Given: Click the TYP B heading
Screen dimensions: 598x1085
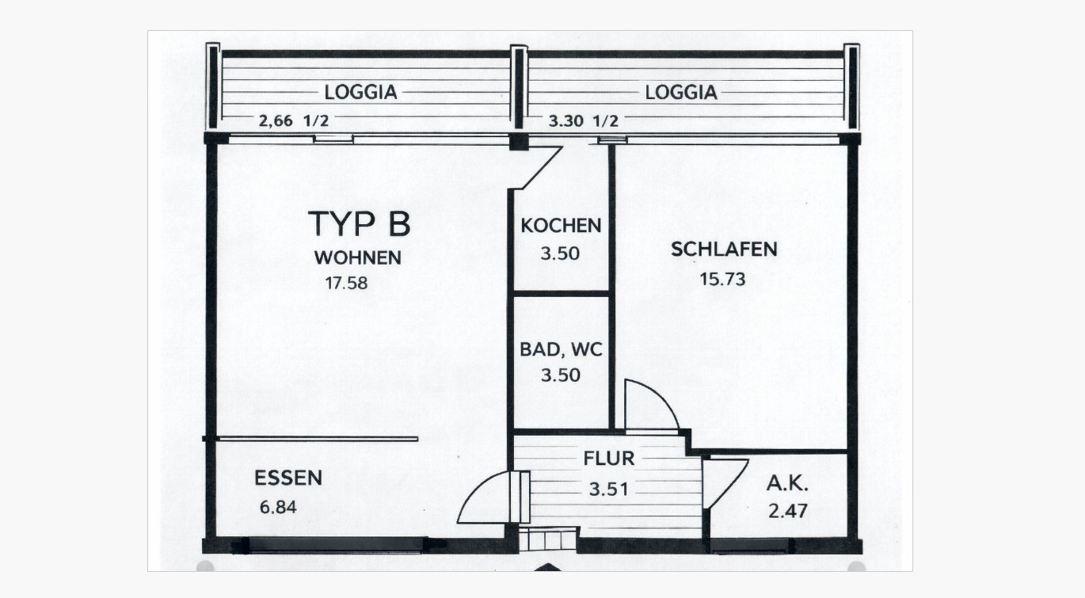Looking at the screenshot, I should tap(359, 224).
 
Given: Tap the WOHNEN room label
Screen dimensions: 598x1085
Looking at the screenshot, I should tap(357, 257).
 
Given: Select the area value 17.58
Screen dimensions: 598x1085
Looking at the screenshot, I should tap(346, 282).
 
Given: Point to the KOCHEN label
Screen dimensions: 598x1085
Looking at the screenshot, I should tap(561, 226).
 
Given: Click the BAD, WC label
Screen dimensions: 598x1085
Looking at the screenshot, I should tap(561, 349).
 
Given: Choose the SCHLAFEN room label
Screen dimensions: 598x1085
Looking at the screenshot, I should tap(724, 249).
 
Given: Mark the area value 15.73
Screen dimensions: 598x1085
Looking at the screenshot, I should tap(723, 278).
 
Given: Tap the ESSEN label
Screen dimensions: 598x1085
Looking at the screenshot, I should tap(288, 478).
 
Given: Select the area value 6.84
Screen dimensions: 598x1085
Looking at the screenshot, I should tap(278, 506).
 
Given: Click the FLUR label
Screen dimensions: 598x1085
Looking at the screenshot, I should tap(609, 459).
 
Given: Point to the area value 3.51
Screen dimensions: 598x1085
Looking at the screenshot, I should tap(608, 489).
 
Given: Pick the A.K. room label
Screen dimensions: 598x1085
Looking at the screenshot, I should tap(787, 484).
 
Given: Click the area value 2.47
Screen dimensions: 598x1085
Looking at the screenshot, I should tap(788, 511).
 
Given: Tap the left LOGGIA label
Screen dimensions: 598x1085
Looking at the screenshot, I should tap(360, 92).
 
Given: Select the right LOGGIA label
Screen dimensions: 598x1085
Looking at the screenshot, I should tap(681, 92).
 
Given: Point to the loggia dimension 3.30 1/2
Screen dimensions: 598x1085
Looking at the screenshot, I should tap(583, 121).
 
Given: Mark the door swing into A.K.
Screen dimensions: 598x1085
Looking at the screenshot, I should tap(722, 480).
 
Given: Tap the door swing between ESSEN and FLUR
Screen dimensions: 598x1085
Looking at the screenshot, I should tap(488, 499).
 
